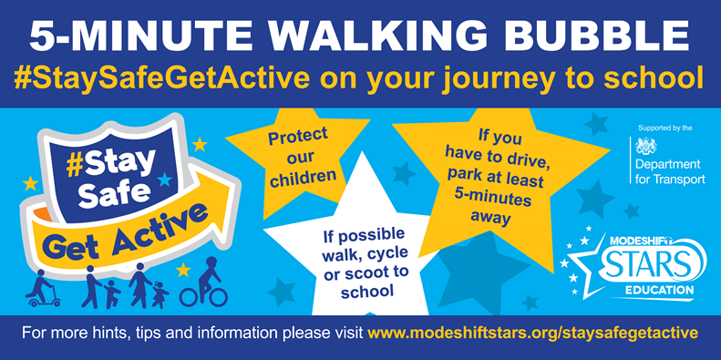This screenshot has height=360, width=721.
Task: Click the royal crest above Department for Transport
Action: coord(646,146)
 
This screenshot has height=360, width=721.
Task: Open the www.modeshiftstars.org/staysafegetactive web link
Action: coord(533,333)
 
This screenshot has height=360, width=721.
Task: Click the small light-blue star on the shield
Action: coord(164,180)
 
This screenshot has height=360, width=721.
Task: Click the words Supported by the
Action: coord(664,129)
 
